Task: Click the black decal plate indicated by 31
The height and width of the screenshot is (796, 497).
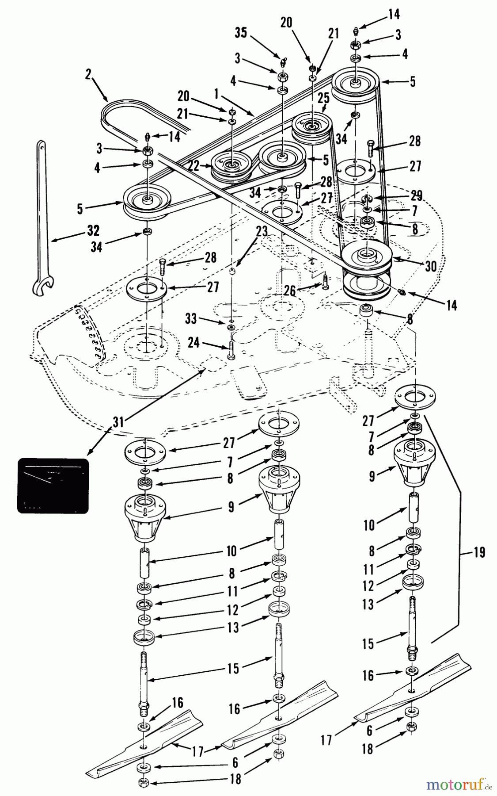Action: (53, 486)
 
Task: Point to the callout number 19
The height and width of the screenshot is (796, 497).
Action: (478, 552)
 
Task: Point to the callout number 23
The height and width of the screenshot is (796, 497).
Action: (262, 231)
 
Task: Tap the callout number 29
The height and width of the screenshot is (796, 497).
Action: (416, 196)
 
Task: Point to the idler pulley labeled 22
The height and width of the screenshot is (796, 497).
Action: (230, 165)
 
